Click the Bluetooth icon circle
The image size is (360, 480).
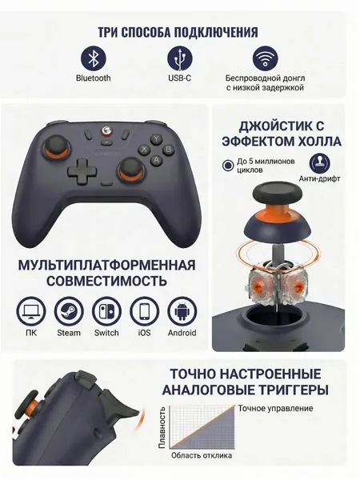coord(93,58)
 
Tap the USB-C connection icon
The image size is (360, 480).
coord(180,58)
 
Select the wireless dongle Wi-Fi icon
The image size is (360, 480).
coord(265,58)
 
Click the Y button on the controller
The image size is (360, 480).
coord(156,138)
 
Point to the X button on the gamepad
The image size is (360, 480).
coord(144,150)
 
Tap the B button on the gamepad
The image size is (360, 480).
coord(168,149)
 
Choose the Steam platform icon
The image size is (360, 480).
coord(69,311)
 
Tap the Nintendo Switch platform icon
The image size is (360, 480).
coord(106,311)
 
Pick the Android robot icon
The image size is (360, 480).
coord(182,311)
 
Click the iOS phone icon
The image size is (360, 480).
coord(145,311)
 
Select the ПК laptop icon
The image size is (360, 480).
coord(31,311)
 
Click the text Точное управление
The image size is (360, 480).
coord(275,409)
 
